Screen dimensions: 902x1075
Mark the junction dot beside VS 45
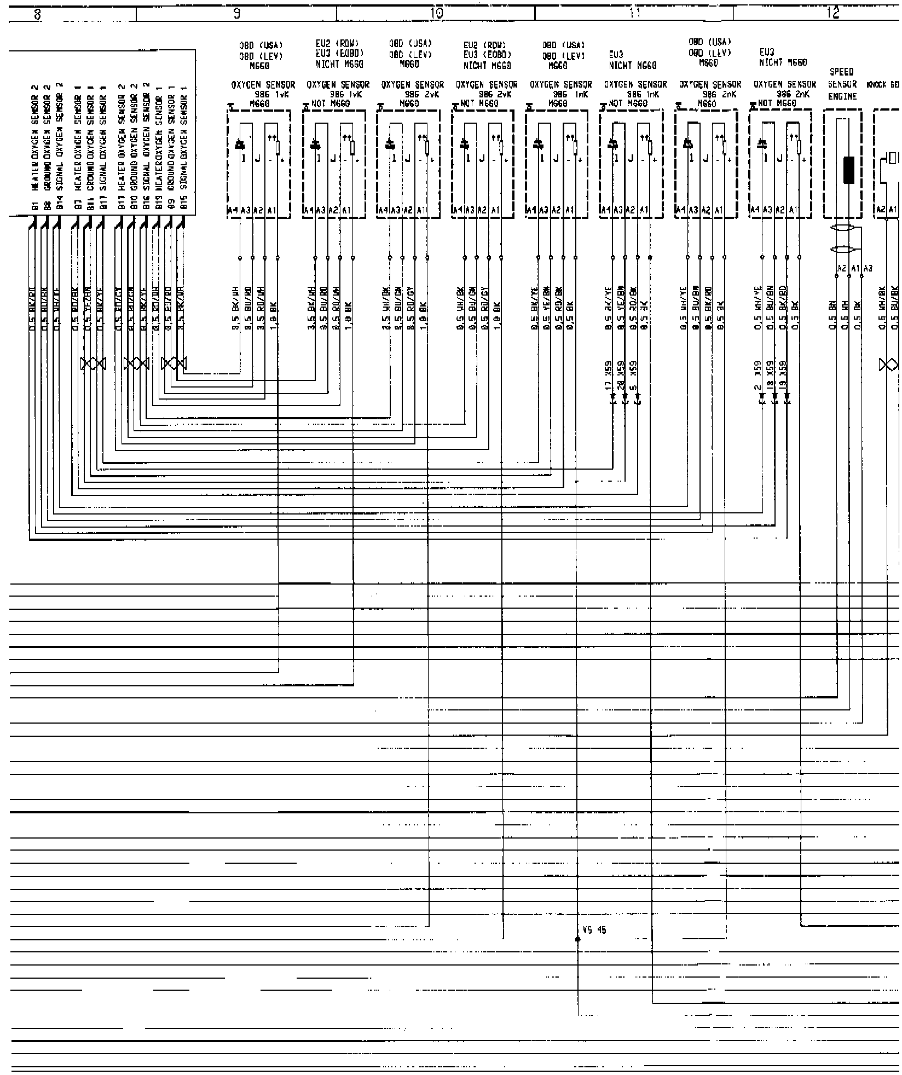[x=579, y=939]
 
